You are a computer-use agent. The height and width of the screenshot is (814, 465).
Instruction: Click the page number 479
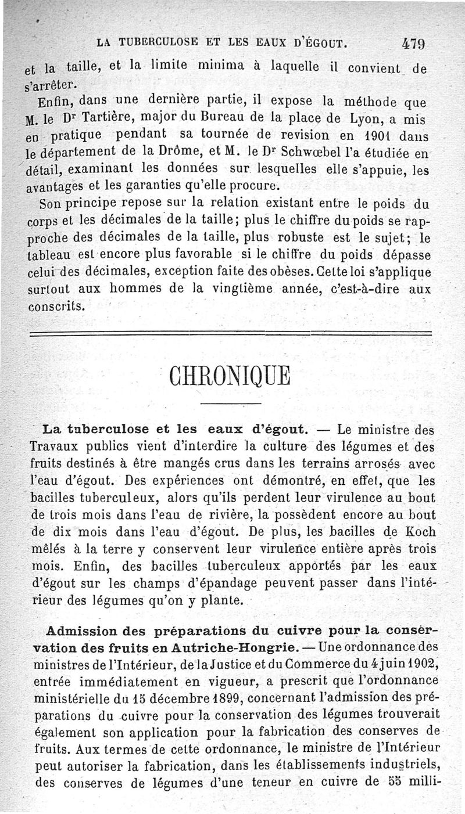click(x=414, y=42)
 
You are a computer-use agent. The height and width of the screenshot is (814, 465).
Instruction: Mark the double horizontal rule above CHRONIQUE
click(x=232, y=334)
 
